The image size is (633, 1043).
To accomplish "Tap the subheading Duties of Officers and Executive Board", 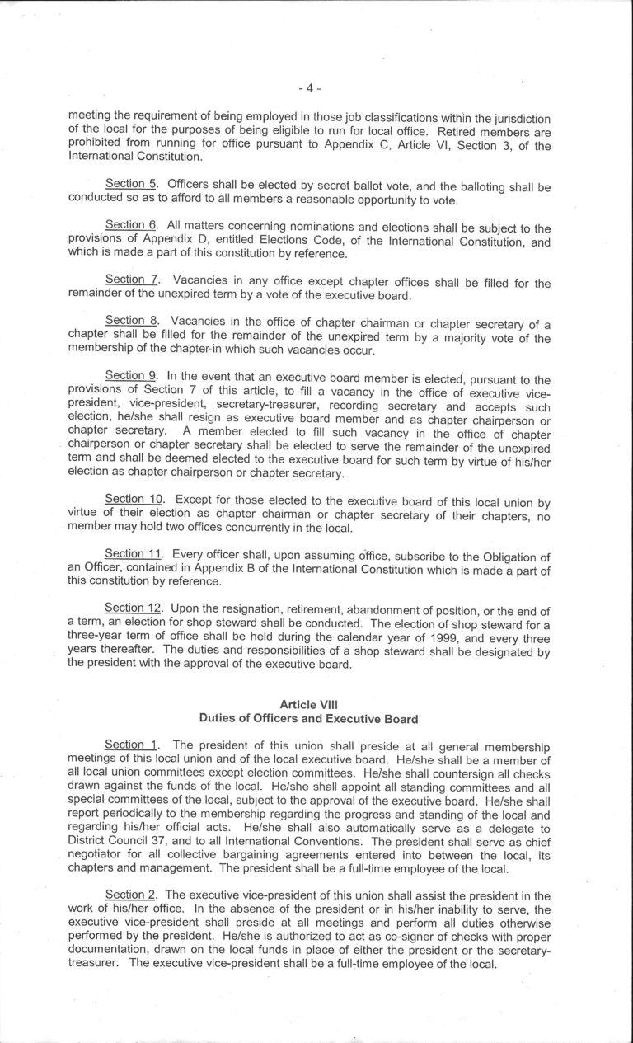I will click(309, 718).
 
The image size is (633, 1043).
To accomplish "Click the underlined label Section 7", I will click(132, 281).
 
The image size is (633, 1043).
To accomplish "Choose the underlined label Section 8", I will click(132, 321).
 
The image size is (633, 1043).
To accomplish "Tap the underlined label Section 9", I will click(132, 374).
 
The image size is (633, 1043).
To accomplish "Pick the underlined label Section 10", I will click(135, 500).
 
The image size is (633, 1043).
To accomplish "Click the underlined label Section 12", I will click(135, 609).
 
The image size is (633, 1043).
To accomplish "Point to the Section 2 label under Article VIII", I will click(132, 895).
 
